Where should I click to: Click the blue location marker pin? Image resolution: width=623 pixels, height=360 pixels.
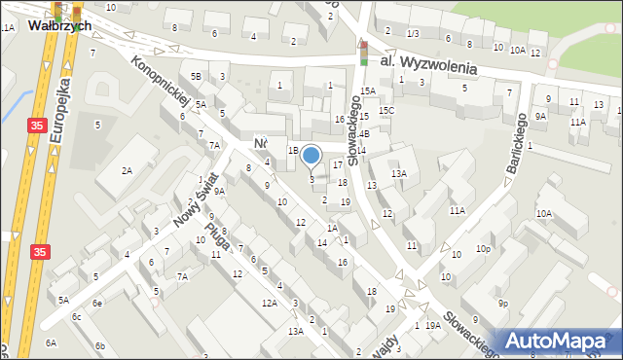coord(311,156)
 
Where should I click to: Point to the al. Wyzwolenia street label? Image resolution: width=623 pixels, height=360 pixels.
coord(428,64)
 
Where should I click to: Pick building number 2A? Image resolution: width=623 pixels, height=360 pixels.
coord(127,170)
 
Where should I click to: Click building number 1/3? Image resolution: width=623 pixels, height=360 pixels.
coord(413,34)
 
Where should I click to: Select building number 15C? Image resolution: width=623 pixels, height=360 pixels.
coord(386,111)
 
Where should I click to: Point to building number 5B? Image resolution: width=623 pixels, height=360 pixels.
coord(196,76)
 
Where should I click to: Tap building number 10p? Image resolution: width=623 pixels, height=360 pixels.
coord(483,249)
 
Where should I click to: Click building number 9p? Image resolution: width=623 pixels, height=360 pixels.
coord(502,304)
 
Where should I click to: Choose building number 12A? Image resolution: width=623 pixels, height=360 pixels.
coord(269,304)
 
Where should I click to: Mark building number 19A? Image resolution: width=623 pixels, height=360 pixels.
coord(432,325)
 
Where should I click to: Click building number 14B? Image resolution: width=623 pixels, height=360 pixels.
coord(362,133)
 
